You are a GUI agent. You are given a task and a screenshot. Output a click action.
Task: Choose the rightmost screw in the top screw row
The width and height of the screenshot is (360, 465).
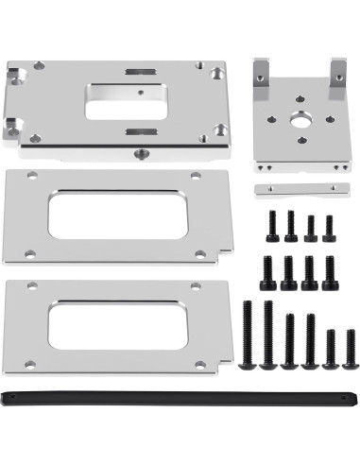(329, 229)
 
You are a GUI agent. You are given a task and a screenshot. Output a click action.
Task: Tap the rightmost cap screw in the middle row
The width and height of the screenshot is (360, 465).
(329, 272)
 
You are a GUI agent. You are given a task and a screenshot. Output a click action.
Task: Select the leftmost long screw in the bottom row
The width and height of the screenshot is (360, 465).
(249, 334)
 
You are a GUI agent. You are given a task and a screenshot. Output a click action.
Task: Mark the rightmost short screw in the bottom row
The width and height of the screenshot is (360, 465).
(351, 348)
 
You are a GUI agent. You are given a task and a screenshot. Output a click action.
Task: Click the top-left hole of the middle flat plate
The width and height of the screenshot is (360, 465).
(33, 176)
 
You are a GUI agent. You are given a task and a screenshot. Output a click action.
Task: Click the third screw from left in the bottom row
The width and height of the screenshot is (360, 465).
(289, 340)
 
